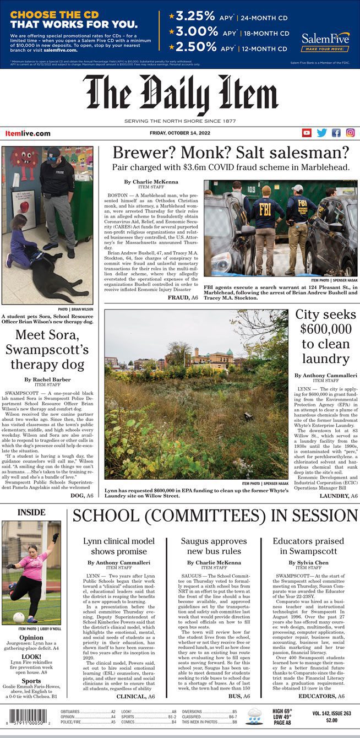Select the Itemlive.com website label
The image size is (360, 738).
(28, 133)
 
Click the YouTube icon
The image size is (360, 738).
(307, 133)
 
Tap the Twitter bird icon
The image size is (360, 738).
(321, 133)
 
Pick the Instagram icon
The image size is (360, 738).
(350, 133)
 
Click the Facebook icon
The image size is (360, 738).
(336, 133)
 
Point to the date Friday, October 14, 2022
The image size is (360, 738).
(179, 132)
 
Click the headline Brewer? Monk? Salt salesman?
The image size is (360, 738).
(231, 153)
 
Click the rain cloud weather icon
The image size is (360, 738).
(254, 717)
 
